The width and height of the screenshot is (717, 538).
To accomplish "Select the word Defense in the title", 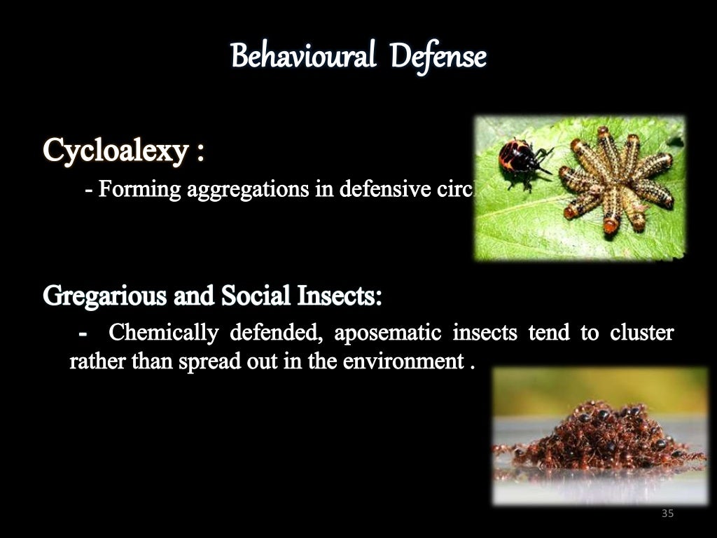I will point(438,56).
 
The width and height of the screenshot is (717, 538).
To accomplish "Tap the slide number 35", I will point(667,514).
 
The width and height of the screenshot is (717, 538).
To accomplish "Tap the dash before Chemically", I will point(84,333).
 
